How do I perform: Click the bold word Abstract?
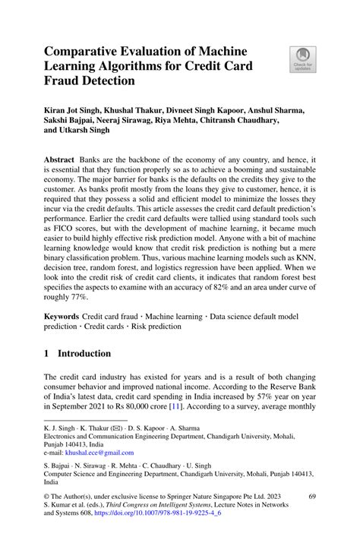(60, 162)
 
